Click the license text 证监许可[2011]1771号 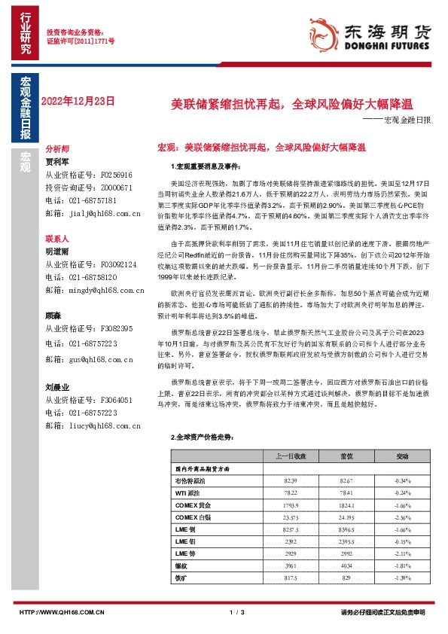click(x=81, y=43)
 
